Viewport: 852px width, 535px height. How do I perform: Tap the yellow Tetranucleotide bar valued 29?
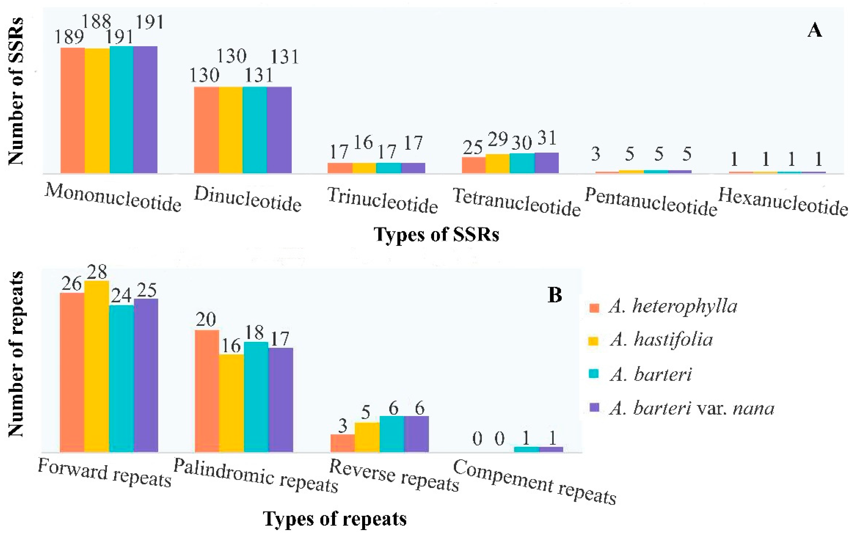(497, 163)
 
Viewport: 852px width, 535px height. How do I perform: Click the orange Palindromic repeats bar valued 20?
(207, 391)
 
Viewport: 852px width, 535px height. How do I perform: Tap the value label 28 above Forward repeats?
(97, 273)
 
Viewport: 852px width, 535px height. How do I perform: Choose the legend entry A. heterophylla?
(672, 307)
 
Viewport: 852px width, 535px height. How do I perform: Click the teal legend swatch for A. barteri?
(595, 374)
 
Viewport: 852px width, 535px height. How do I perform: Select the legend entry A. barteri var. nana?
(692, 408)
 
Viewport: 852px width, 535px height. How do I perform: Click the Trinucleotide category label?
(383, 201)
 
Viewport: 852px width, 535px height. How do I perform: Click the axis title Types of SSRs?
(436, 234)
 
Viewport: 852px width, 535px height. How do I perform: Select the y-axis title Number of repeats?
(16, 354)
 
